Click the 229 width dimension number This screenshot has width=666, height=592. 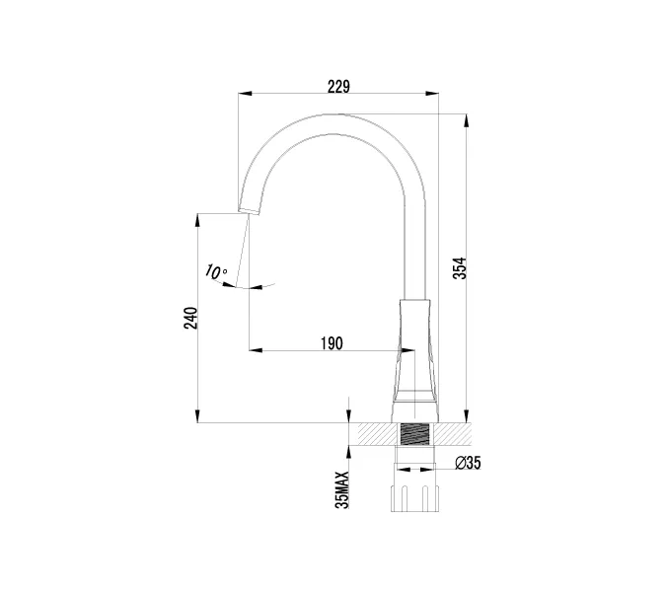[338, 86]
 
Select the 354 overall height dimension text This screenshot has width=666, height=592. [460, 267]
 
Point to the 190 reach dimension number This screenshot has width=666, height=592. [332, 342]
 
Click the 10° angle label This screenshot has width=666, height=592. [216, 271]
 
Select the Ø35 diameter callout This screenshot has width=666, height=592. [468, 464]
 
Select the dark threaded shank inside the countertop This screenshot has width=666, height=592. [415, 435]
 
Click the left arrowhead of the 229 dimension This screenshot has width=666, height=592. [245, 95]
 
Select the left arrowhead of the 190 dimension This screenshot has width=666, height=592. [254, 350]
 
